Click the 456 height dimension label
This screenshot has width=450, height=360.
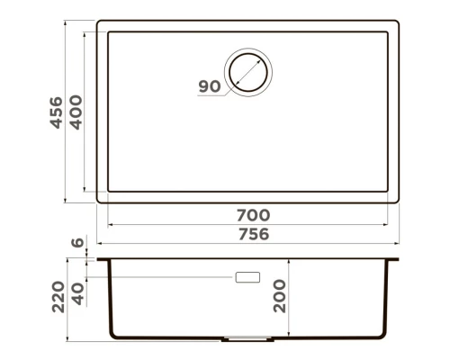point(55,112)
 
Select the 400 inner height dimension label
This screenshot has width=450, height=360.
point(77,112)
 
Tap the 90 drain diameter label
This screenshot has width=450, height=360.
point(209,86)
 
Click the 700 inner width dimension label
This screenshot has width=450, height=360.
point(253,216)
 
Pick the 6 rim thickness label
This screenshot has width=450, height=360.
point(77,242)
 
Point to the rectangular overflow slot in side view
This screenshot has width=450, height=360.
point(247,278)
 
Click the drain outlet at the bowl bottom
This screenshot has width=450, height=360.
point(247,339)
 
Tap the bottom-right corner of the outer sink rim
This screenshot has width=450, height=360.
point(399,201)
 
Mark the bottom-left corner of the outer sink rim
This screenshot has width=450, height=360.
point(97,201)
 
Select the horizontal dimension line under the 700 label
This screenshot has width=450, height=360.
point(253,226)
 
